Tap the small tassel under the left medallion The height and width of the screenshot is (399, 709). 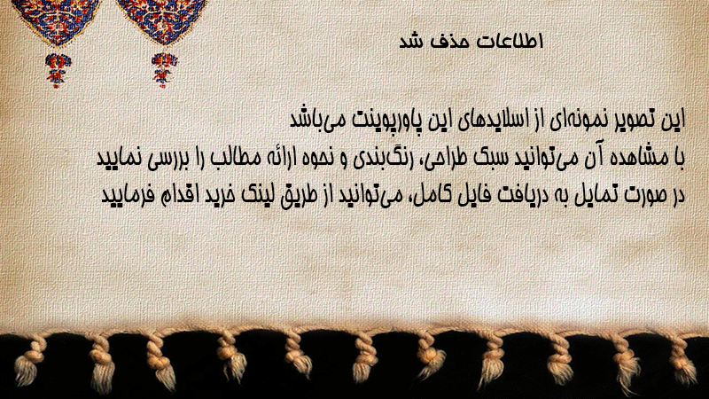pyautogui.click(x=58, y=70)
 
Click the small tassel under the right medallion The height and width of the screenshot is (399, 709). pyautogui.click(x=164, y=69)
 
